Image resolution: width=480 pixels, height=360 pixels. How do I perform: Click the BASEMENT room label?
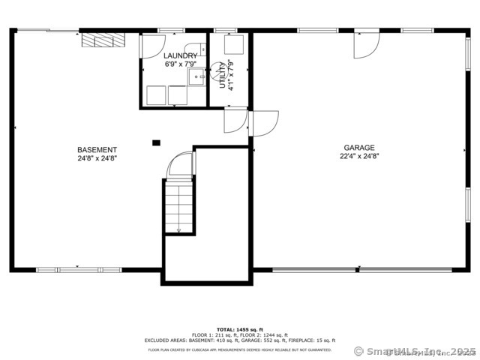[97, 149]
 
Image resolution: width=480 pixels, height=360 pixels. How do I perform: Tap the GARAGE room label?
[359, 148]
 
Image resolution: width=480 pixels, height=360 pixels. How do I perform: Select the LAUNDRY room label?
[181, 55]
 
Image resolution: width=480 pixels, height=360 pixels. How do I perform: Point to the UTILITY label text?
[223, 74]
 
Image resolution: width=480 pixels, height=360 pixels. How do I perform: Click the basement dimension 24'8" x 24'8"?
[97, 158]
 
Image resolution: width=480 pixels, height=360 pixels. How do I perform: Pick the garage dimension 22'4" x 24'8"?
[359, 157]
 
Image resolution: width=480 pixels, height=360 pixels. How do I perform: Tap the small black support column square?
[156, 142]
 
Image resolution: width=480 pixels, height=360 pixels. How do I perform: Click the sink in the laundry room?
[197, 77]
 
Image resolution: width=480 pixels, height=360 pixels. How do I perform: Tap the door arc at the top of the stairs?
[181, 164]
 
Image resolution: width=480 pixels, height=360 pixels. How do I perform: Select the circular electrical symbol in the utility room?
[219, 72]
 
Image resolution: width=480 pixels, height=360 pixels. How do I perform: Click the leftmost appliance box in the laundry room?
[156, 94]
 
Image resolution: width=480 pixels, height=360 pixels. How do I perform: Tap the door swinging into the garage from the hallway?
[265, 122]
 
